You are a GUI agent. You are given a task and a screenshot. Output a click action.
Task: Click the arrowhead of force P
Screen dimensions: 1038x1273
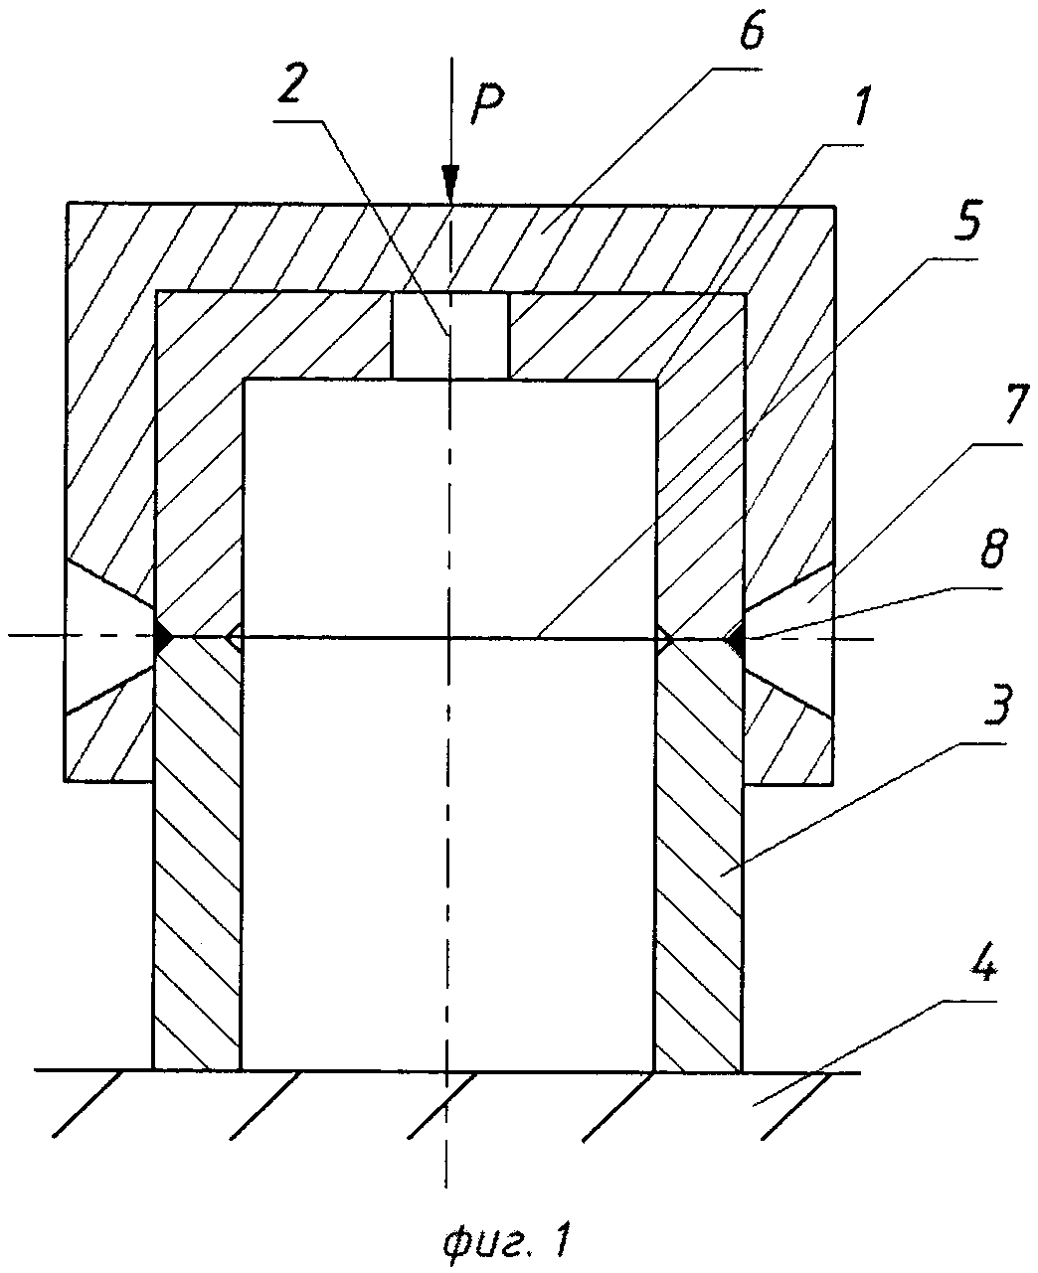tap(450, 185)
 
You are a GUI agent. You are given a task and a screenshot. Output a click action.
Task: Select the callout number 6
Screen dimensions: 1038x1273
tap(752, 36)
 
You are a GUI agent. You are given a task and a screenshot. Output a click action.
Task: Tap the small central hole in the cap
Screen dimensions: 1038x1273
tap(450, 335)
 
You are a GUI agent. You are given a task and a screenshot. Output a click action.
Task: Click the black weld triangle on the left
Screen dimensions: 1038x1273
tap(162, 637)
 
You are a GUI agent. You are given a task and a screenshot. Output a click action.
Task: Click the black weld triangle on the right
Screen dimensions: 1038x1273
tap(736, 641)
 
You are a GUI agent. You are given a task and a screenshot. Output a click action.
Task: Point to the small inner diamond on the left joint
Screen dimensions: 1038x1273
tap(234, 637)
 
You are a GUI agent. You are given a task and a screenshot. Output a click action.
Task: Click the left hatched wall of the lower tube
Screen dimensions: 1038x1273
tap(197, 855)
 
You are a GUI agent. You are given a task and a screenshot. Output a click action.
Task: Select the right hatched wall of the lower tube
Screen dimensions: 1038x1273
tap(698, 855)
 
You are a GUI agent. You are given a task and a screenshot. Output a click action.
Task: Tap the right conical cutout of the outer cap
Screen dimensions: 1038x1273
tap(795, 638)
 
